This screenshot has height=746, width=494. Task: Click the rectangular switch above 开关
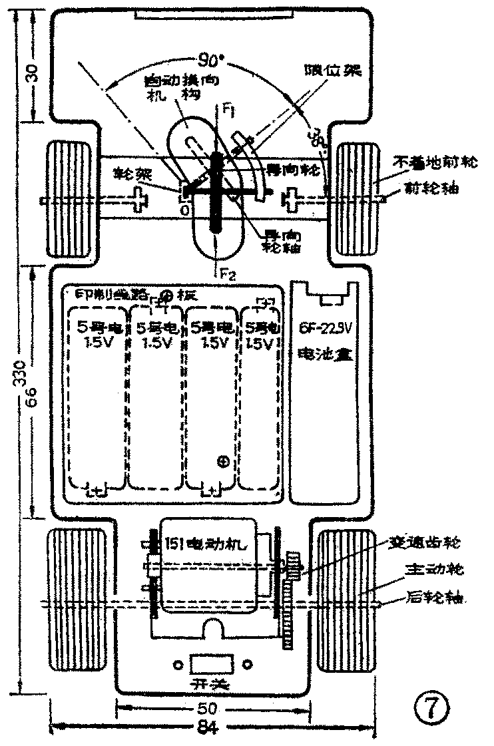tap(211, 663)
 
